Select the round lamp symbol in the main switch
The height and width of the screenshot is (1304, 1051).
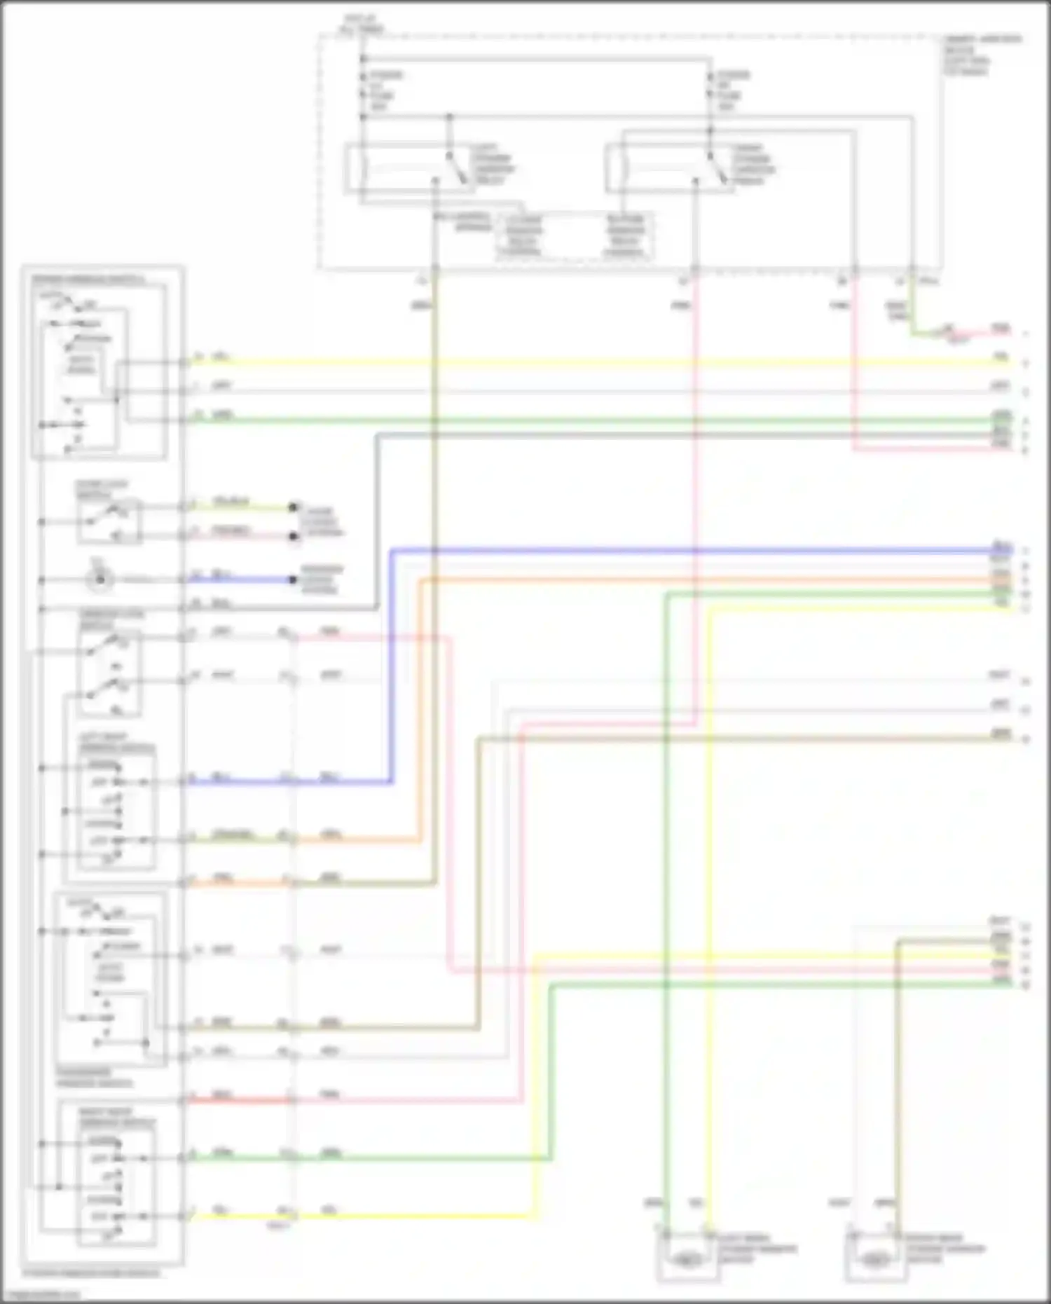[x=100, y=579]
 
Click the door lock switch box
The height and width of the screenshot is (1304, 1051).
[x=109, y=521]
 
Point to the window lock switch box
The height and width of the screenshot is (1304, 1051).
[x=109, y=673]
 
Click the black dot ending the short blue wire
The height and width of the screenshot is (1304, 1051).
[x=294, y=579]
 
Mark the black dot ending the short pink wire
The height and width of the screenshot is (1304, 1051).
[x=294, y=537]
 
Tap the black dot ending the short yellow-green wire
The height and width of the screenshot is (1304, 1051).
[x=294, y=507]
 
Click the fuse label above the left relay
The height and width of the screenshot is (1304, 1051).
[x=383, y=90]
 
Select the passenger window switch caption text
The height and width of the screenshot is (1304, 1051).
[x=85, y=1078]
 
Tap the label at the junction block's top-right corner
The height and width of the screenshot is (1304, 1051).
[x=981, y=55]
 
